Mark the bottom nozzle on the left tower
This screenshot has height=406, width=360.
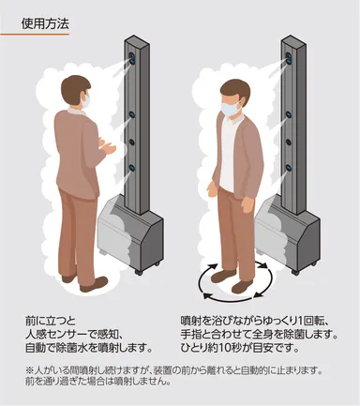[133, 170]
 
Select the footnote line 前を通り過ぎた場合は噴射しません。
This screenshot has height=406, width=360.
[98, 382]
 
